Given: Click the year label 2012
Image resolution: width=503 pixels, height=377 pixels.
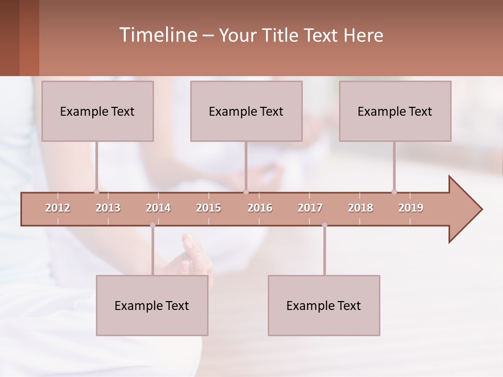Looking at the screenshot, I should [58, 208].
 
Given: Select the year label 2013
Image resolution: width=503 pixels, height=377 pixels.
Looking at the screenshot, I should [108, 208].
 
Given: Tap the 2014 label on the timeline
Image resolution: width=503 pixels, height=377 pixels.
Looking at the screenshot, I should [158, 208].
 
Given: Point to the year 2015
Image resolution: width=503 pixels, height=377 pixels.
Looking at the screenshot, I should [209, 208].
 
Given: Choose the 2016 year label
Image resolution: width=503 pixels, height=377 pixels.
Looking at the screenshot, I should [260, 208].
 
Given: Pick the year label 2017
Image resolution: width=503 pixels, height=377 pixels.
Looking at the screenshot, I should [310, 208].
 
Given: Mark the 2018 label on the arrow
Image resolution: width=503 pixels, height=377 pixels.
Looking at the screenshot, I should [360, 208].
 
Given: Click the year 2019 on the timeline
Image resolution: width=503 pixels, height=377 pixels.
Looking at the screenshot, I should [411, 208].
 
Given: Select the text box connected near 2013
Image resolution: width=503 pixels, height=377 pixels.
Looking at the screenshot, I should [97, 111].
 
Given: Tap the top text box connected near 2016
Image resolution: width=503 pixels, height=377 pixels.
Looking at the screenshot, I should [246, 111].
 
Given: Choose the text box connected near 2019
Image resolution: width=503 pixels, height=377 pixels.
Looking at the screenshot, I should [395, 111].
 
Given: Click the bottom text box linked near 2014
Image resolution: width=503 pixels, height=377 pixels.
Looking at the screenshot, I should [152, 305].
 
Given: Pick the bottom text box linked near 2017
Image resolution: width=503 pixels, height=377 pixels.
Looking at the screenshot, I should [324, 305].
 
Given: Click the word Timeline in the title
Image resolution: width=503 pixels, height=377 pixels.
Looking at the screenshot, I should [157, 35].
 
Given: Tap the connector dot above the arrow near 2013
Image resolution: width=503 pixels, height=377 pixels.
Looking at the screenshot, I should [96, 192].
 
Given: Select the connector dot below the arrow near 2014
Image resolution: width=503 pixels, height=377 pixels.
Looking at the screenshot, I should [152, 225].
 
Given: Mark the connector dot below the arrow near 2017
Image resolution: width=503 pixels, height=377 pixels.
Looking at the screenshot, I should [324, 225].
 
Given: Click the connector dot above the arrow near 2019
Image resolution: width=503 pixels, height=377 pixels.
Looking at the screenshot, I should [394, 192].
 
